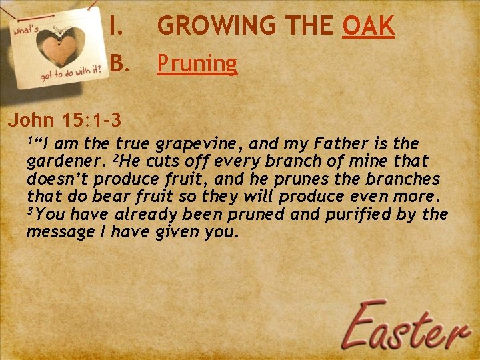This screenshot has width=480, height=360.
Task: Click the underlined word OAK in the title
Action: (368, 27)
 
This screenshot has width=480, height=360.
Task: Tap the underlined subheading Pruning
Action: (197, 64)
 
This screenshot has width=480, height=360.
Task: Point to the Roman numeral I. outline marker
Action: (116, 27)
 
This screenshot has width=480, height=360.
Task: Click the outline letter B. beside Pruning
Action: (119, 63)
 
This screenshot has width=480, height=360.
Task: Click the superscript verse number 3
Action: (30, 211)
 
